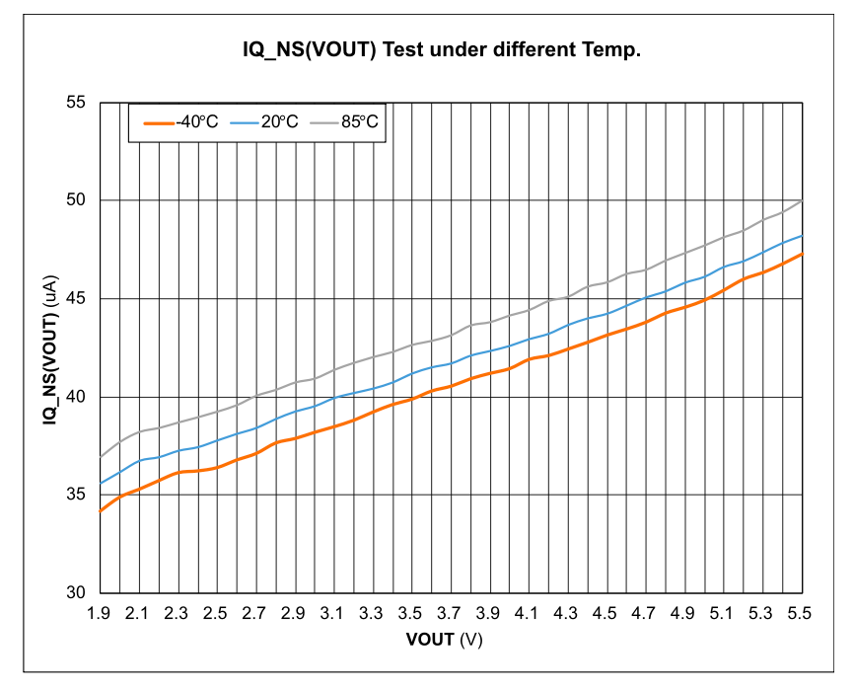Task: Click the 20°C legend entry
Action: [265, 121]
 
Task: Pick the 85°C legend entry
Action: [346, 121]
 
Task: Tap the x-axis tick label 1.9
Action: [99, 614]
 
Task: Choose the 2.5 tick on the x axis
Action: [215, 614]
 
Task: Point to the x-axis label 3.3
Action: [371, 614]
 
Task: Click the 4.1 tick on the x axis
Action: [527, 614]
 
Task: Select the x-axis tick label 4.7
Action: [643, 614]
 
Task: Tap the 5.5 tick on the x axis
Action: [799, 614]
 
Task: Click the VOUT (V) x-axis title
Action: [444, 639]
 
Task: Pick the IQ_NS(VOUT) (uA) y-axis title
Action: [48, 347]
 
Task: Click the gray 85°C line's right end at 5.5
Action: [800, 201]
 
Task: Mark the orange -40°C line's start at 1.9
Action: [100, 511]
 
